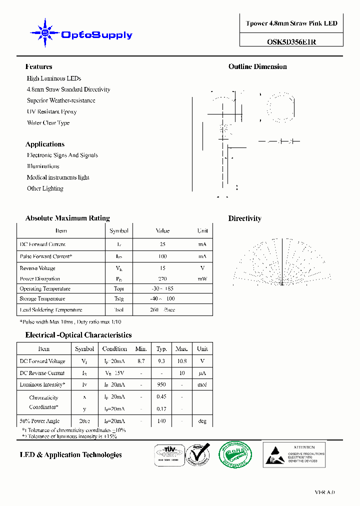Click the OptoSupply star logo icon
[45, 33]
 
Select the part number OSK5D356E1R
[291, 42]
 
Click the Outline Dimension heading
[257, 66]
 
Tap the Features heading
[38, 66]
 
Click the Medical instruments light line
[58, 177]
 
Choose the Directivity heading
[244, 218]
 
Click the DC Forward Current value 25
[162, 244]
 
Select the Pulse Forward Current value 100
[162, 256]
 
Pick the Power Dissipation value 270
[162, 278]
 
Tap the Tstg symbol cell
[119, 299]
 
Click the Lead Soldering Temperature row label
[50, 310]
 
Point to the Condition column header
[114, 349]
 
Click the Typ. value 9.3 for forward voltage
[161, 361]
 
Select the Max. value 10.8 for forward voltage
[181, 361]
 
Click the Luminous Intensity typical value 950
[161, 385]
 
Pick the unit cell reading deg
[202, 421]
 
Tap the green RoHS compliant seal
[235, 455]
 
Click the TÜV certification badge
[168, 455]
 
